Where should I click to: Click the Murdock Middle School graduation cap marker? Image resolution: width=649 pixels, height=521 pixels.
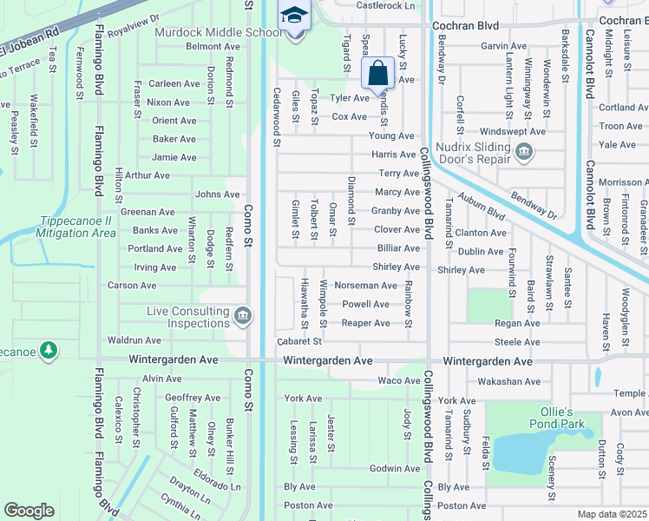point(294,17)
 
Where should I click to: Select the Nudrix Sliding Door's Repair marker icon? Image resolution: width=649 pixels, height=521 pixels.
point(523,154)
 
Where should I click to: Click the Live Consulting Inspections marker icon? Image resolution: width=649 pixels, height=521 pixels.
point(243,314)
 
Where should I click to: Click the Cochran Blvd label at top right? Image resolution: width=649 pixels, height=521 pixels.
point(624,20)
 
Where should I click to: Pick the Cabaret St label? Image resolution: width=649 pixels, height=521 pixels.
point(298,341)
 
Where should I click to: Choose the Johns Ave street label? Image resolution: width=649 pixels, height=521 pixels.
point(218,195)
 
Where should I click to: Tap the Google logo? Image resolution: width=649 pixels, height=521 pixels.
point(29,510)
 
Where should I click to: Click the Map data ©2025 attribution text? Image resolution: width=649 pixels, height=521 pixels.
point(613,515)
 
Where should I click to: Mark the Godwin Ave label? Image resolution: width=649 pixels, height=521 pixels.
point(395,469)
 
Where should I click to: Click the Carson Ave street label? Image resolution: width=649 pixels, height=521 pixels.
point(131,286)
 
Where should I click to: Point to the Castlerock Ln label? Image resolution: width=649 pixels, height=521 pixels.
point(387,5)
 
